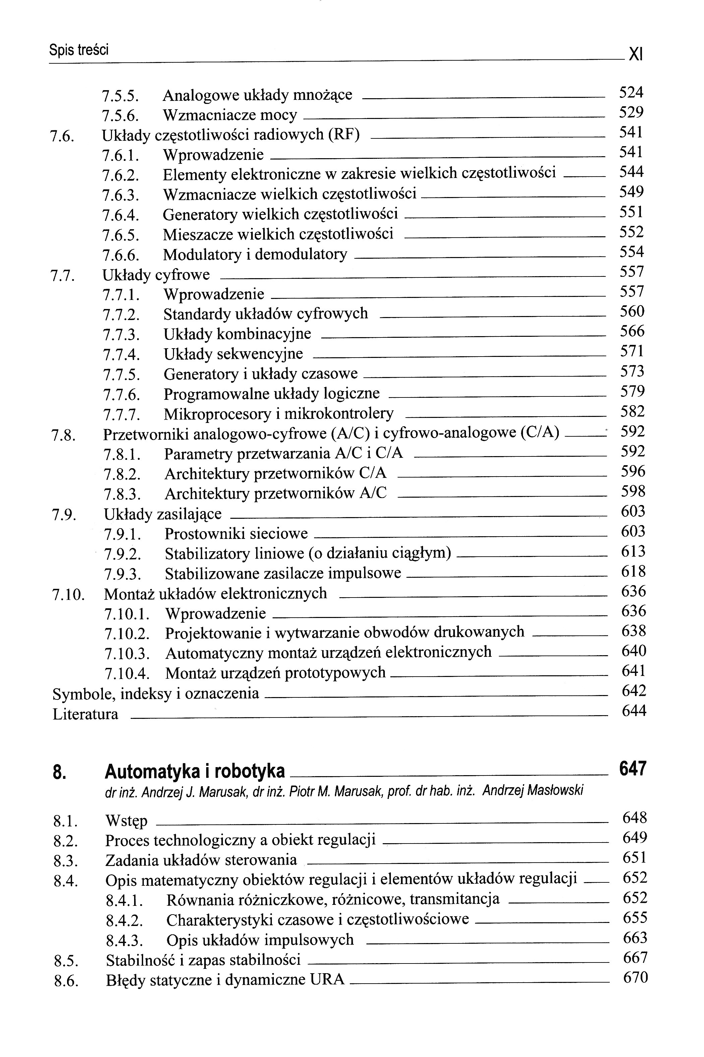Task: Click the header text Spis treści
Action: coord(79,50)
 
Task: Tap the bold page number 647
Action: coord(633,769)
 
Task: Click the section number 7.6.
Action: coord(62,136)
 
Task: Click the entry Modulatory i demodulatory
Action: coord(254,254)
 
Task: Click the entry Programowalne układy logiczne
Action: coord(271,394)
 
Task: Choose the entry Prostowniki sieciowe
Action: coord(236,534)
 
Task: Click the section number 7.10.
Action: coord(69,595)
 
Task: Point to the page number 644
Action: coord(634,710)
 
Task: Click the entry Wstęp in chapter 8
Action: coord(126,821)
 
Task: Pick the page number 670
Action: coord(635,977)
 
